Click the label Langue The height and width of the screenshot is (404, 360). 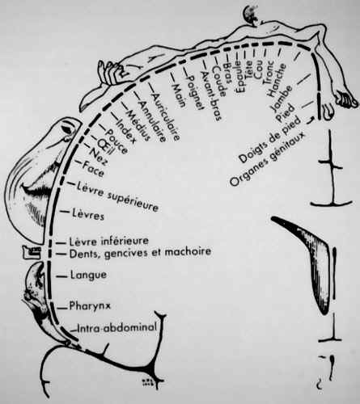(x=88, y=276)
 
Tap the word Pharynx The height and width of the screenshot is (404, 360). (x=90, y=306)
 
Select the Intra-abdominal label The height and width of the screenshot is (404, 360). (x=116, y=328)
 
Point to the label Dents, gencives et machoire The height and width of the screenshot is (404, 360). (x=140, y=253)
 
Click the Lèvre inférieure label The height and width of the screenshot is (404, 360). (x=108, y=241)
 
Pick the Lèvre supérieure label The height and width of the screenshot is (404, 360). (x=117, y=196)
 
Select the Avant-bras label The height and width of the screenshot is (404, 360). (x=212, y=96)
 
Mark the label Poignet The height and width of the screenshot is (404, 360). (x=195, y=92)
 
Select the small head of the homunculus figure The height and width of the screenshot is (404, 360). (x=251, y=14)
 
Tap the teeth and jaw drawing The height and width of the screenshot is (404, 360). (x=32, y=252)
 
